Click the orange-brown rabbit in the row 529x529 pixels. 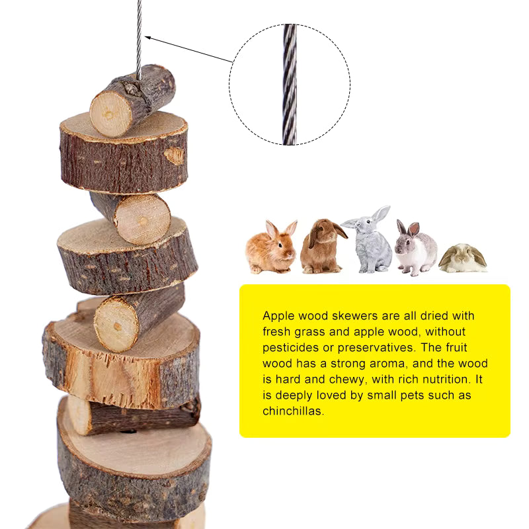click(x=270, y=248)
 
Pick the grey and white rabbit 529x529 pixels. click(x=415, y=249)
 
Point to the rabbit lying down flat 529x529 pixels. click(x=462, y=259)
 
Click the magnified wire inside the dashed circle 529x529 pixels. click(x=290, y=85)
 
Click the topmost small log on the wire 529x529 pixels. click(x=133, y=99)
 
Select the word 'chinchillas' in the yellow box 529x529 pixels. click(x=294, y=411)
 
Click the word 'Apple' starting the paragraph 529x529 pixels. click(x=278, y=316)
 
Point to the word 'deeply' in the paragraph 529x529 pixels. click(x=292, y=395)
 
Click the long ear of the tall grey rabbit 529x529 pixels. click(x=381, y=214)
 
